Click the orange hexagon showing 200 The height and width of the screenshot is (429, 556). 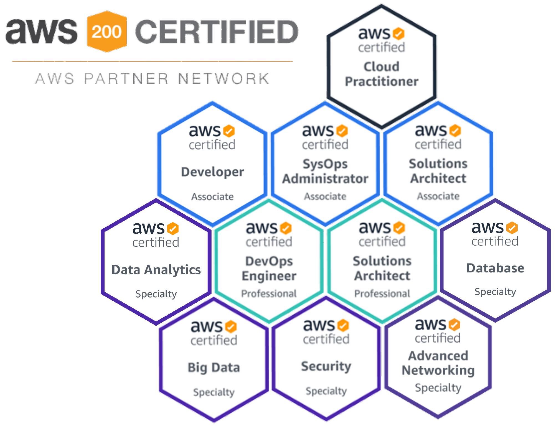point(107,31)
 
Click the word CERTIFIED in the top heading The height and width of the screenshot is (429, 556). point(217,31)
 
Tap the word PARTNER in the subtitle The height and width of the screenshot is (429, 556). point(126,78)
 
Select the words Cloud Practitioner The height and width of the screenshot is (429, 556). point(382,74)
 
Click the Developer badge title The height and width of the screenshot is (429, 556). point(212,172)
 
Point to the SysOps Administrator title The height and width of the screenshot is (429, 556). point(325,171)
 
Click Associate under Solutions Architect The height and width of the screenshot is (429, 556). point(438,196)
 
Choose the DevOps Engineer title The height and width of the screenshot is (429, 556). point(269,269)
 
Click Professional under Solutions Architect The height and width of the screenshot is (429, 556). point(382,293)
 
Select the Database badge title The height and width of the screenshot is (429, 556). point(495,268)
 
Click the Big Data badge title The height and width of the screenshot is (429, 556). point(214,368)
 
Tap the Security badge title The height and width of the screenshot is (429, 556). point(326,366)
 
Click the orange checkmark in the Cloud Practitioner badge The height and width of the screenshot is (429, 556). point(398,34)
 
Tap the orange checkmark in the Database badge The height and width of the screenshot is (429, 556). point(512,228)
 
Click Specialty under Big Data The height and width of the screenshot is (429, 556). point(214,392)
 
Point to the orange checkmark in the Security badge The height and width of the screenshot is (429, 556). point(343,325)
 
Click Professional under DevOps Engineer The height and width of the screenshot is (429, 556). point(269,293)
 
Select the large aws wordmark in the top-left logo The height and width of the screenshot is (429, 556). point(42,31)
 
